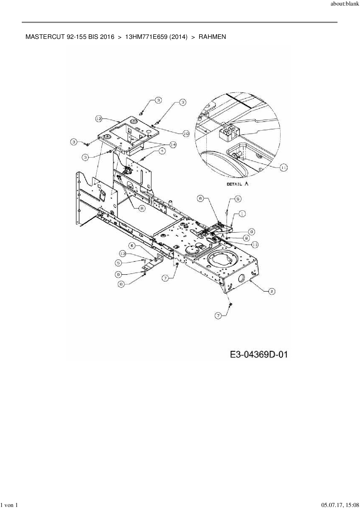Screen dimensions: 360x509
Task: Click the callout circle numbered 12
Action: point(99,118)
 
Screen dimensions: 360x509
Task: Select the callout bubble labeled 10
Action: point(186,133)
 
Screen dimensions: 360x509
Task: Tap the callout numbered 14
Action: point(173,145)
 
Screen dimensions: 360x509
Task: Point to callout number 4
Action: point(162,151)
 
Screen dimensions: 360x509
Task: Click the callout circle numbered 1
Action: point(242,214)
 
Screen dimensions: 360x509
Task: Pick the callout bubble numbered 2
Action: point(271,291)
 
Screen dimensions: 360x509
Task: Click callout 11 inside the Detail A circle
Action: point(284,167)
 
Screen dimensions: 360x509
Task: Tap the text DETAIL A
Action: point(237,184)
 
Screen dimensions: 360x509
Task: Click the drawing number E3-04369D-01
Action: point(259,354)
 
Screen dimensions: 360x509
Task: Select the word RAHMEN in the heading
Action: point(212,37)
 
